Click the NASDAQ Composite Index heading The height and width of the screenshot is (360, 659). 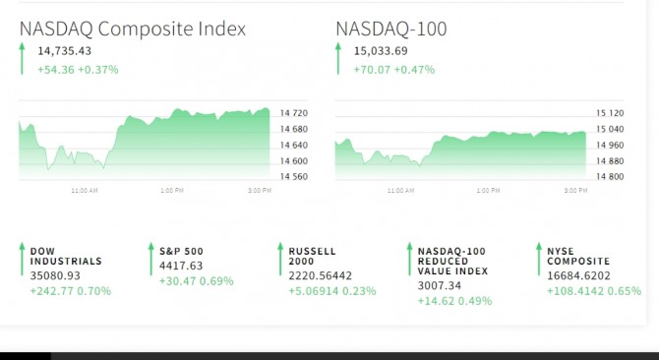point(133,30)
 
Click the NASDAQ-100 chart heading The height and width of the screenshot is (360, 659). point(390,29)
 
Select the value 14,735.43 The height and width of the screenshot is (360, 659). point(64,51)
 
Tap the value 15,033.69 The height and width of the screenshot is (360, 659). point(381,51)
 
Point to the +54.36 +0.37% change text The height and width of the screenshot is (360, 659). point(78,69)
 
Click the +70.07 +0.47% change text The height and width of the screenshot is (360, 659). point(393,69)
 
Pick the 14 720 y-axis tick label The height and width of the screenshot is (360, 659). point(294,113)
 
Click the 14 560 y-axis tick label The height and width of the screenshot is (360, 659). point(294,176)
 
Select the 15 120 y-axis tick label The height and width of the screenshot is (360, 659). point(610,113)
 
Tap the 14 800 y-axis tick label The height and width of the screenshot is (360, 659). point(610,176)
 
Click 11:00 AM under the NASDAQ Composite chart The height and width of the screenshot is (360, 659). point(85,190)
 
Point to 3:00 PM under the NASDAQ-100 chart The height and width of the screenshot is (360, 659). point(575,190)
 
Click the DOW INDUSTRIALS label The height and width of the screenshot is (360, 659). point(66,257)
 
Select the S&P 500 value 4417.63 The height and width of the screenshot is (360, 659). point(181,266)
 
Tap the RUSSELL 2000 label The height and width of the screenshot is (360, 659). point(312,257)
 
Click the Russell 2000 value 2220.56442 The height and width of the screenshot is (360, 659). point(321,275)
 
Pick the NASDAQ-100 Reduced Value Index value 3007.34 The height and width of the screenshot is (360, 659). point(440,285)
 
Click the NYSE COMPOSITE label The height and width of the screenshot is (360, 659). point(578,257)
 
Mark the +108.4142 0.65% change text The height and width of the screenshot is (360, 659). point(594,291)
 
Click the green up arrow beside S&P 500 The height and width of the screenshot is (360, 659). point(151,259)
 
